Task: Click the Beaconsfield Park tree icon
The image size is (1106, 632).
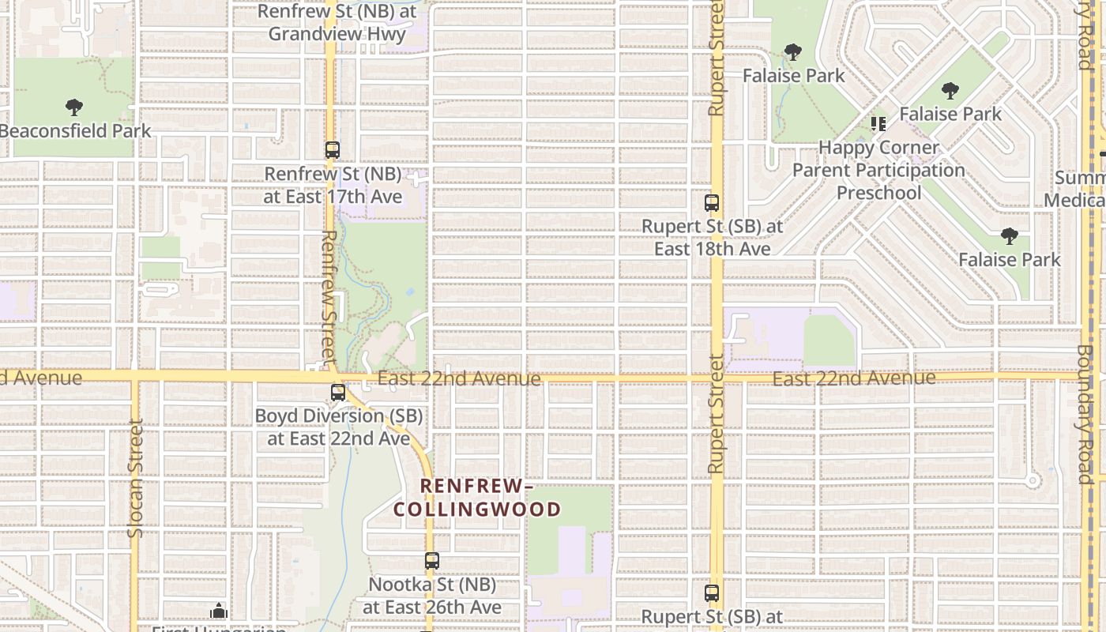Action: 74,107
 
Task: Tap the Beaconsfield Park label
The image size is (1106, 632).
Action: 75,130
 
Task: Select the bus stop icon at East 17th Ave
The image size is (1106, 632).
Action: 333,149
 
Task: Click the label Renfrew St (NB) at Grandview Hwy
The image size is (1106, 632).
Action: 337,23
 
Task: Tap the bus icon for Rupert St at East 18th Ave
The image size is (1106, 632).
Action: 712,202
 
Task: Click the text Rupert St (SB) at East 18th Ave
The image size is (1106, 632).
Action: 712,237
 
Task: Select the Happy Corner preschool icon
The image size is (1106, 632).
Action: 878,124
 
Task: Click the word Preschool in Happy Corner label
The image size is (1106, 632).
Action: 878,193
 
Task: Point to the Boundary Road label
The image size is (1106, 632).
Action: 1084,414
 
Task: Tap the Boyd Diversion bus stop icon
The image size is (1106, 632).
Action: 338,392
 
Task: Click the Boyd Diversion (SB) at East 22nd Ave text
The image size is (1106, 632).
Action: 338,427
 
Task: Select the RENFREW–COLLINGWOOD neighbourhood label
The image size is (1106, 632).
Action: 477,498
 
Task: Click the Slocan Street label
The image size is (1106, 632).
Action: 135,478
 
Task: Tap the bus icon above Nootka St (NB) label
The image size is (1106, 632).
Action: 432,561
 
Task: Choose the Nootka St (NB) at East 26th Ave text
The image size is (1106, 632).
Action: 432,596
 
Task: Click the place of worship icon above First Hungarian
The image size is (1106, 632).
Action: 219,611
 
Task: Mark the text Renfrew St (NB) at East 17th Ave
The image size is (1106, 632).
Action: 333,185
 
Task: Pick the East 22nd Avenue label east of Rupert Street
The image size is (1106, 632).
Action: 853,378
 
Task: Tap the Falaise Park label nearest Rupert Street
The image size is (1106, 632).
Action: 794,76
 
